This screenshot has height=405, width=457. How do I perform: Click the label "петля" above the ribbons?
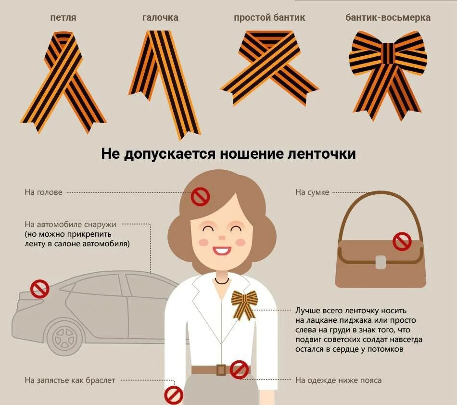coord(63,18)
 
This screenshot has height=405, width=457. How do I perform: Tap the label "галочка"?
coord(160,18)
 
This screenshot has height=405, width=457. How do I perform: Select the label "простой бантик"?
coord(269,18)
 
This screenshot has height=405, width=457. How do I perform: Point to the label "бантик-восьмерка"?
coord(388,18)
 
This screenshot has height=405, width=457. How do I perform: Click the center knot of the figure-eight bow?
coord(388,53)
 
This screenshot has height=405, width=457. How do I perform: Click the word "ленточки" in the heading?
coord(321,153)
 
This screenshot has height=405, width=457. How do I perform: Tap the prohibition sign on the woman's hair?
coord(200,197)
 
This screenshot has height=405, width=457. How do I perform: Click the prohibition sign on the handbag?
coord(402,241)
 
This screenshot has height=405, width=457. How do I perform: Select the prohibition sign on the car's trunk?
coord(40,289)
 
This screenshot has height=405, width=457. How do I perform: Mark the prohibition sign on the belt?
coord(239,370)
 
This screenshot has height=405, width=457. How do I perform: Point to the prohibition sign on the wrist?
coord(174,395)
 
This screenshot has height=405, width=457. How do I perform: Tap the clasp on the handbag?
coord(381,262)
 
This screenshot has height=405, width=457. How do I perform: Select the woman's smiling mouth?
coord(222,251)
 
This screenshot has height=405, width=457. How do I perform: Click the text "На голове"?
coord(43,192)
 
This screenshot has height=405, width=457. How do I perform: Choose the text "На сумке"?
coord(312,192)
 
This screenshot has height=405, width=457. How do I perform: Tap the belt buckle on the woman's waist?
coord(221,370)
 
